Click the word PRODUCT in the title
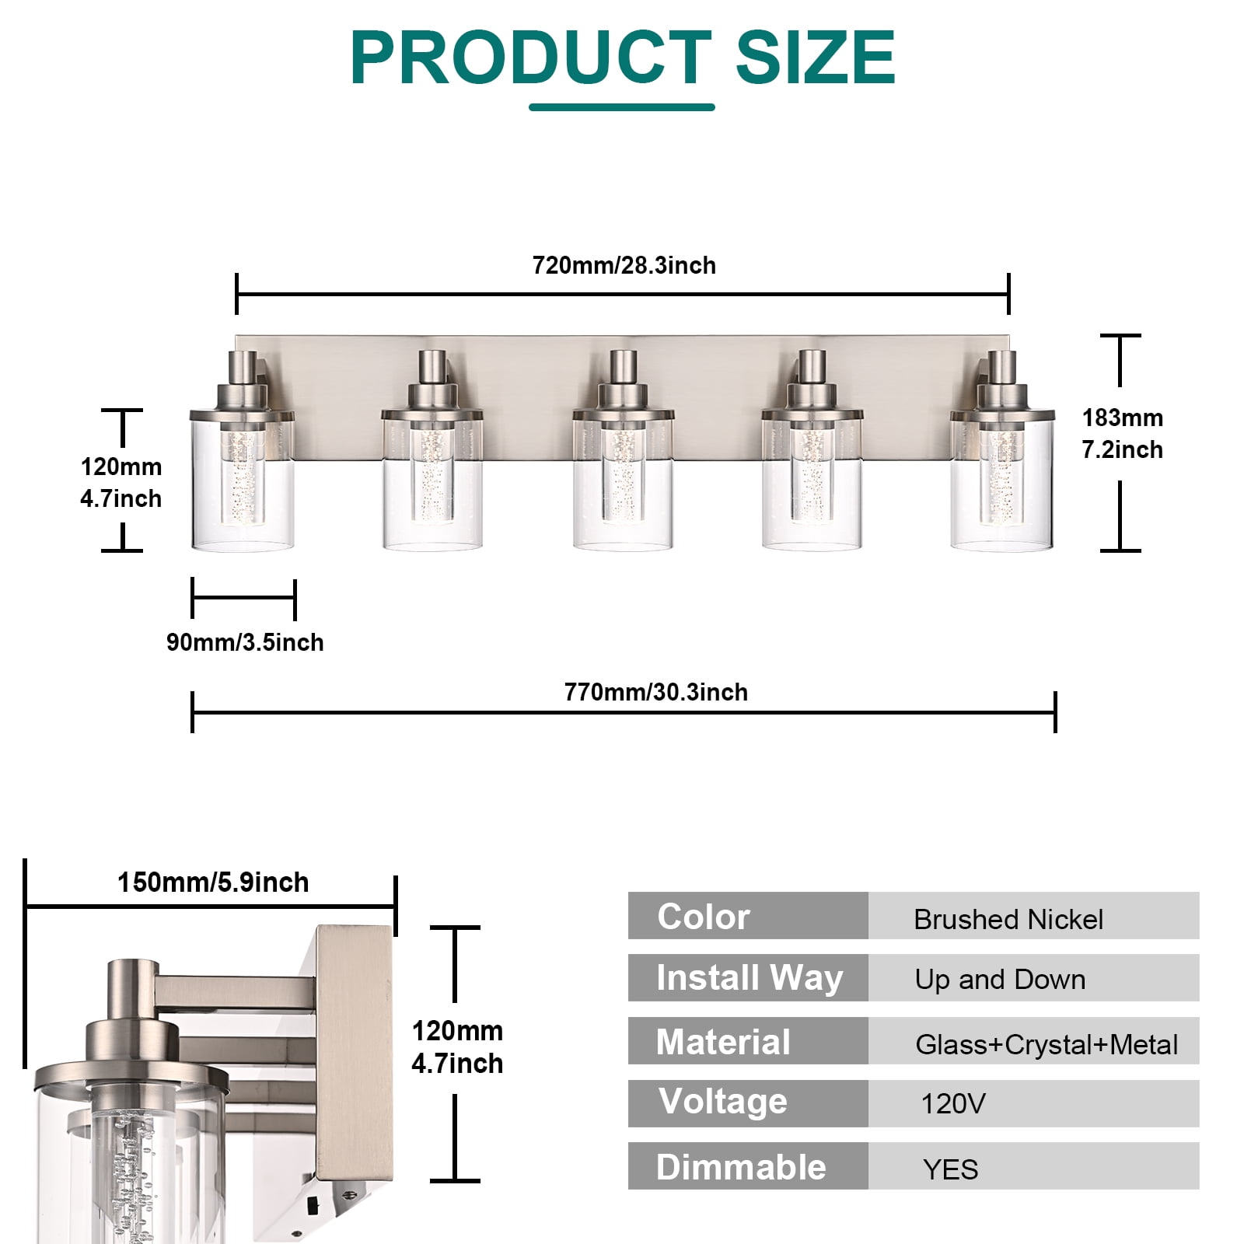[531, 58]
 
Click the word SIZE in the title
[815, 58]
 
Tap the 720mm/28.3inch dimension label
[624, 266]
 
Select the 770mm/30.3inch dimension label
[656, 692]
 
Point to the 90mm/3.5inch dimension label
[245, 642]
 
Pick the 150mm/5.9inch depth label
[213, 882]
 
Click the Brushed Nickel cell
[1033, 916]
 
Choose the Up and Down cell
[1033, 978]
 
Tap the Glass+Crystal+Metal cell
[1033, 1041]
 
